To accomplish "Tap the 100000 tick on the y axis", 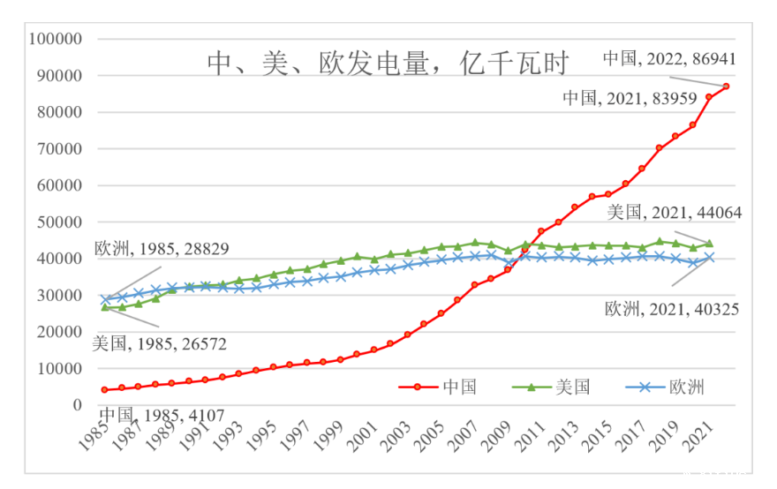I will pos(56,40).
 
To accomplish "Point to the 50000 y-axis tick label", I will pos(59,222).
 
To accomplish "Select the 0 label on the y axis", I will pos(78,405).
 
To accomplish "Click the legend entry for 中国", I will pos(441,387).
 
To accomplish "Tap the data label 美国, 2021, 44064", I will pos(674,213).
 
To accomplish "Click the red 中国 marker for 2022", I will pos(726,87).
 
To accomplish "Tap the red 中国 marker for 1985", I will pos(105,389).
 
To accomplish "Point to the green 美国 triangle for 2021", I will pos(709,244).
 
